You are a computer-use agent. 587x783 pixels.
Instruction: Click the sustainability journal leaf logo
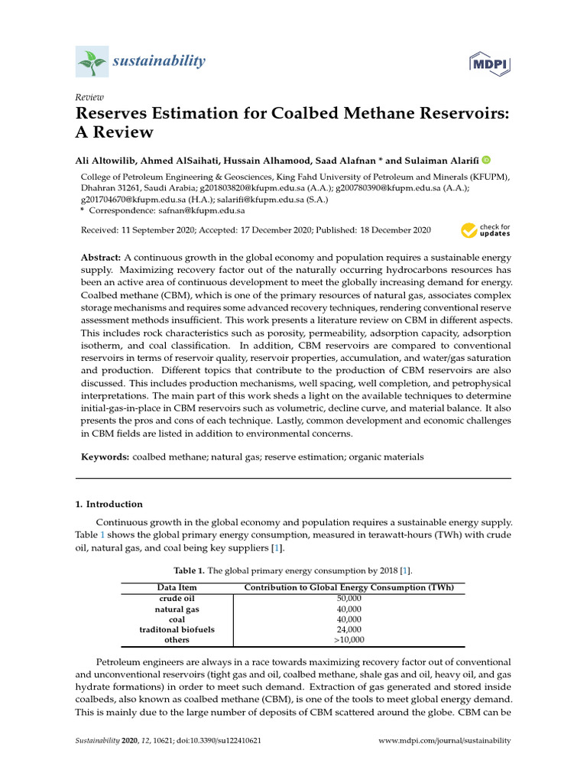tap(92, 62)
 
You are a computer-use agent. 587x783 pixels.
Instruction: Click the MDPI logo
tap(489, 62)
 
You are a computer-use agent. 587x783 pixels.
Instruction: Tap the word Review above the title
tap(89, 97)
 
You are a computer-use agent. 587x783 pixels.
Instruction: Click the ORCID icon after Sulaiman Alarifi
tap(486, 160)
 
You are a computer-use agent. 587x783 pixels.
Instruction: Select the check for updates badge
tap(485, 230)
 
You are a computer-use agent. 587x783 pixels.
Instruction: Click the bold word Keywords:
tap(105, 456)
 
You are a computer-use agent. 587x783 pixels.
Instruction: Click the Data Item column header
tap(177, 587)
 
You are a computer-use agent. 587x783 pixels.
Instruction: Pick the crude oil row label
tap(177, 598)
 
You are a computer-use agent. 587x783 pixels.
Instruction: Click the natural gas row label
tap(177, 609)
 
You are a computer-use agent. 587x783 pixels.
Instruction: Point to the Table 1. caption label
tap(190, 570)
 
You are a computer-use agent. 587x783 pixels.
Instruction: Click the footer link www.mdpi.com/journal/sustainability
tap(445, 741)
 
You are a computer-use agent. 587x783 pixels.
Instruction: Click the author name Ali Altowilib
tap(111, 160)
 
